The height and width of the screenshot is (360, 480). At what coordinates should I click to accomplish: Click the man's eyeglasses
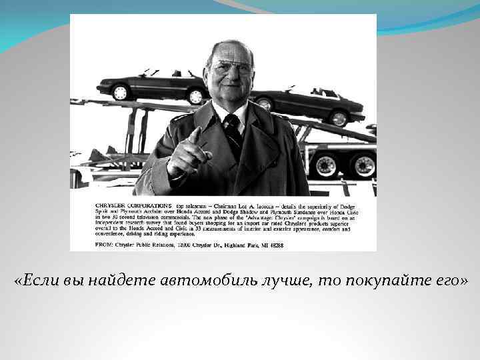231,69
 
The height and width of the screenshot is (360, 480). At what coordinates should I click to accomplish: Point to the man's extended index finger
195,135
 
